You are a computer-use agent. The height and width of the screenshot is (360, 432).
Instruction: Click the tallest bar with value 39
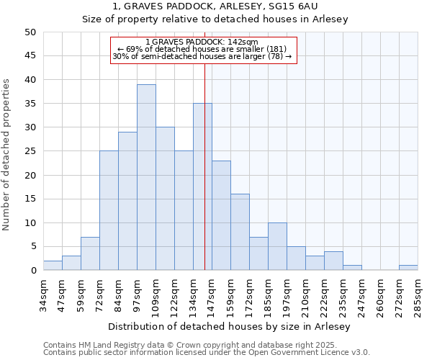click(x=146, y=177)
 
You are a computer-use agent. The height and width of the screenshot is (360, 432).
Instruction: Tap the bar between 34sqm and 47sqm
click(x=53, y=266)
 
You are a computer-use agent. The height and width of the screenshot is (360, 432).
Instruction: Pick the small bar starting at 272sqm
click(x=408, y=268)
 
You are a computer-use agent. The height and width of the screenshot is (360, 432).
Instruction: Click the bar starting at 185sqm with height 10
click(x=277, y=246)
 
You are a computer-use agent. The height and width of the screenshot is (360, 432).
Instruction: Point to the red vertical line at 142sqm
click(x=205, y=180)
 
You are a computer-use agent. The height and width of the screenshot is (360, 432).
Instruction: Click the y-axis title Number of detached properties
click(x=7, y=155)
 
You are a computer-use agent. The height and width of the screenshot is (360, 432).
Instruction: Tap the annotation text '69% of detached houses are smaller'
click(x=203, y=49)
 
